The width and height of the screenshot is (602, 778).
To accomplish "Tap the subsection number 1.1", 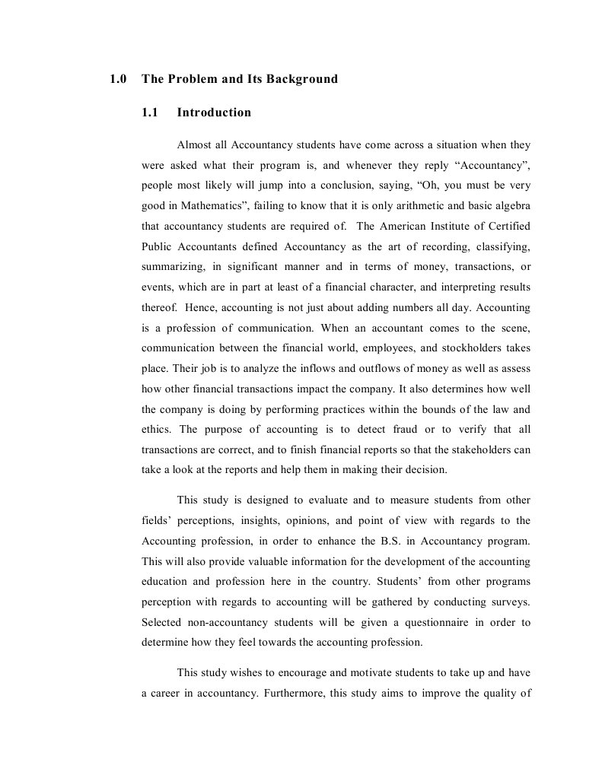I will point(150,113).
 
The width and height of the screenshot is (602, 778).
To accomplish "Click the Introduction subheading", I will point(214,113).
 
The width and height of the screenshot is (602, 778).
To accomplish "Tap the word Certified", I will point(507,226).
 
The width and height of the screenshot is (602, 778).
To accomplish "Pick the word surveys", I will point(511,602).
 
